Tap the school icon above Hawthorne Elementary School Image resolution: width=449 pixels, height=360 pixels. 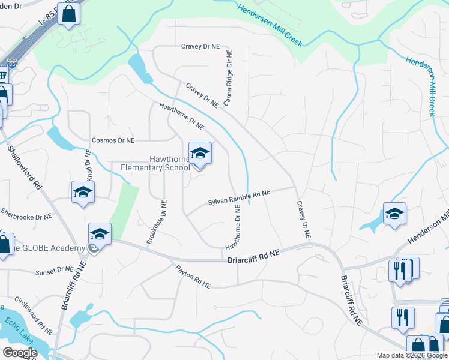click(x=200, y=154)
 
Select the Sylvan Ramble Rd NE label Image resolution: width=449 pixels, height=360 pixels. click(x=239, y=198)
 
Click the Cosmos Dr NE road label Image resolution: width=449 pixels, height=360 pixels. click(x=113, y=140)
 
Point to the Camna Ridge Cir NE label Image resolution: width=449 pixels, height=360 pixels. click(x=228, y=78)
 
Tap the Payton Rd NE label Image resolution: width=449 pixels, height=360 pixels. click(x=193, y=277)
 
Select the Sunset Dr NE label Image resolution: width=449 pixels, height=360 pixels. click(x=54, y=272)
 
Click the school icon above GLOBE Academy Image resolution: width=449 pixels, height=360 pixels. click(x=100, y=234)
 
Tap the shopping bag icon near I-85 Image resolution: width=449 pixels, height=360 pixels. click(x=69, y=13)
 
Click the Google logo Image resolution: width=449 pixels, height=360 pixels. click(x=19, y=353)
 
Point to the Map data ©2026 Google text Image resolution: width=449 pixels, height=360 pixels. click(x=412, y=355)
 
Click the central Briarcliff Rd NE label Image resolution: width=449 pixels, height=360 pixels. click(x=253, y=257)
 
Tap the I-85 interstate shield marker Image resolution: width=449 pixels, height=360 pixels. click(x=11, y=64)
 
